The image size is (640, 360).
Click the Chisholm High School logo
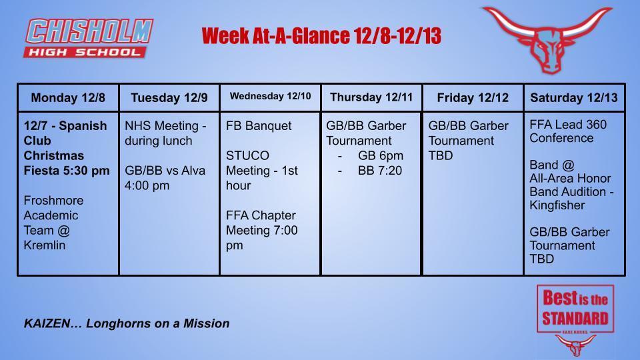[89, 38]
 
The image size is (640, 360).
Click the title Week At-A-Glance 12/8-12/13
[321, 36]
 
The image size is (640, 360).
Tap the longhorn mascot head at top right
[548, 39]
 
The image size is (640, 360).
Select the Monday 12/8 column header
[68, 98]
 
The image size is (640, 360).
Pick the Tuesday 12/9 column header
[169, 98]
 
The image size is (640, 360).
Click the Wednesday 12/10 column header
[270, 97]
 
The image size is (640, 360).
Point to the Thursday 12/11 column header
[371, 97]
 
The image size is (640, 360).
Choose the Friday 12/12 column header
[473, 98]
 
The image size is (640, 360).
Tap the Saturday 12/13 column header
[574, 98]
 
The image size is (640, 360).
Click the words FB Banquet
[259, 126]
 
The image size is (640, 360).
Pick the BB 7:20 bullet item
[380, 171]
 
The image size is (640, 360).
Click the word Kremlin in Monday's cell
[45, 245]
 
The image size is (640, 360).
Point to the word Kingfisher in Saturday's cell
[557, 205]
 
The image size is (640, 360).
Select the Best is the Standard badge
[575, 309]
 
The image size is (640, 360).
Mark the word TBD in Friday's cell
[440, 155]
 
